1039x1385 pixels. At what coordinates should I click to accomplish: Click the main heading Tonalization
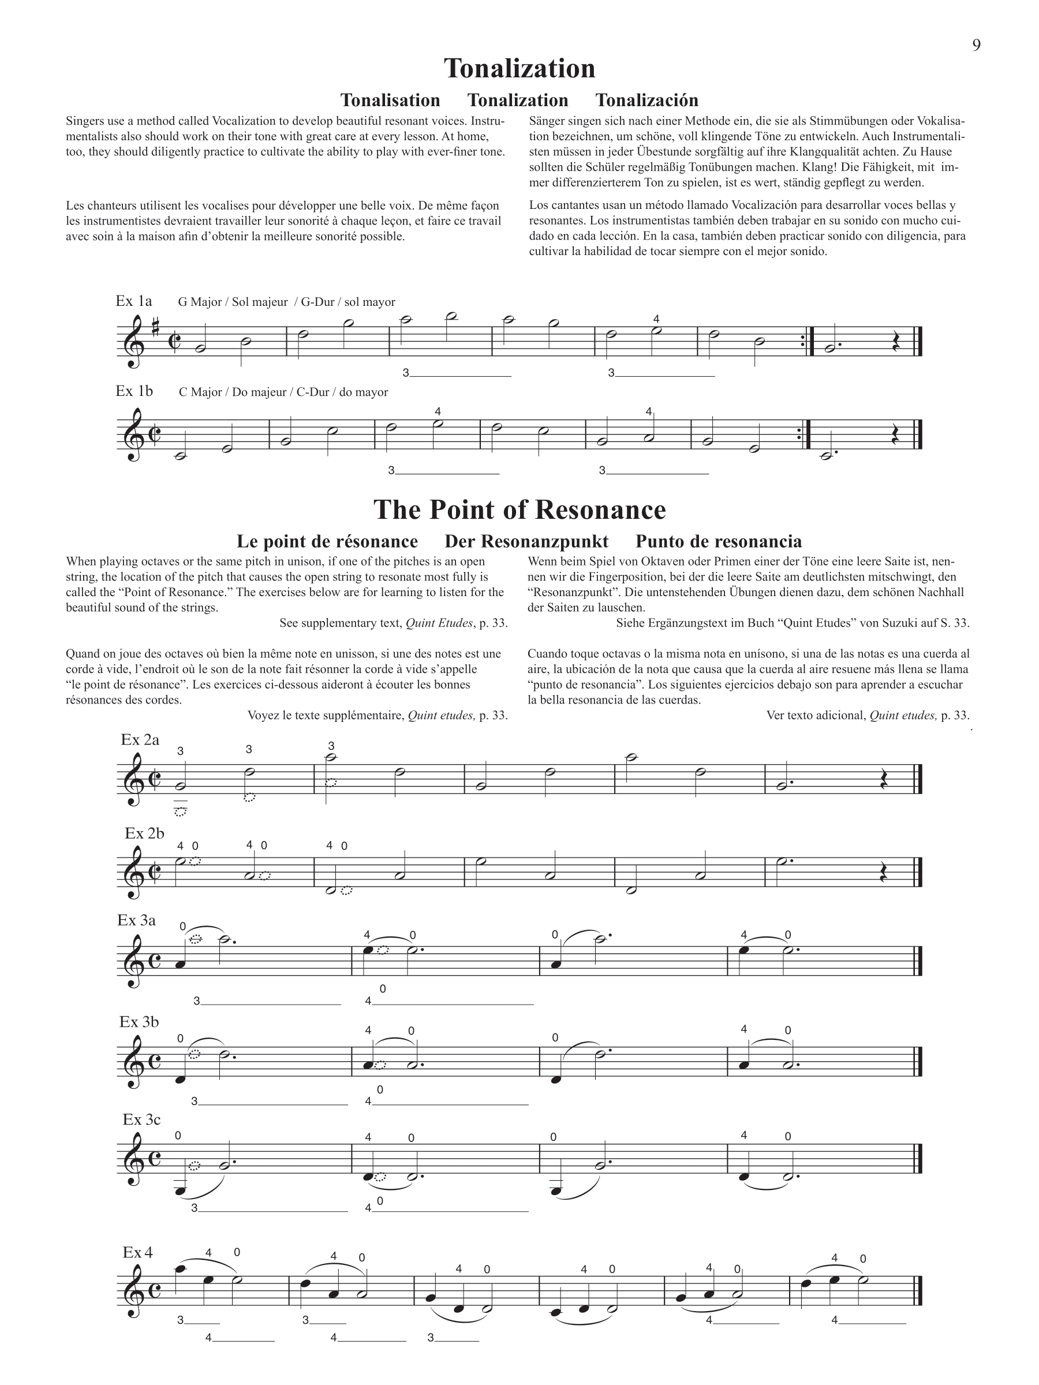(519, 68)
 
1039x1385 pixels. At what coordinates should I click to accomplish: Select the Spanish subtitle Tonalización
(646, 100)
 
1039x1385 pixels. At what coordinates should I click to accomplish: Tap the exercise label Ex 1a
(133, 301)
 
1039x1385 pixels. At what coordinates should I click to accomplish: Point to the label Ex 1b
(134, 391)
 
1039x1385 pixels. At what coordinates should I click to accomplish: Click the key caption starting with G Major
(286, 302)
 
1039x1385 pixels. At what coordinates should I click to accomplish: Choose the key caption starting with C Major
(283, 392)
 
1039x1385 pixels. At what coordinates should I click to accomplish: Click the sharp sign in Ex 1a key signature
(155, 324)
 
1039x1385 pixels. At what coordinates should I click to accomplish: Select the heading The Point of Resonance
(519, 510)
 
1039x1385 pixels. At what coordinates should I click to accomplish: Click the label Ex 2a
(140, 739)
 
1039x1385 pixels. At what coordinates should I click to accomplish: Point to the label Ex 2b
(144, 833)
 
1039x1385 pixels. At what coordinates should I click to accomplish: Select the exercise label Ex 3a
(137, 920)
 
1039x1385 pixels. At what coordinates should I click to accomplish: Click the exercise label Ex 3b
(139, 1021)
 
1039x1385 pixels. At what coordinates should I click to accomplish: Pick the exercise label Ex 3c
(141, 1119)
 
